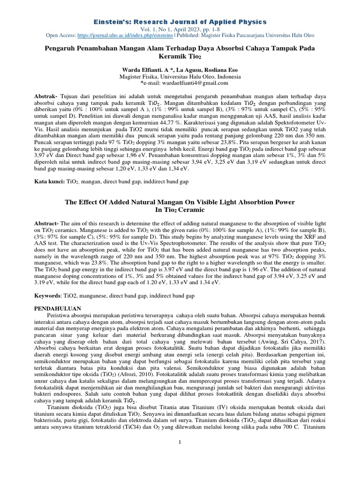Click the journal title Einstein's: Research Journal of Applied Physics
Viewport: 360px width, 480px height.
(180, 22)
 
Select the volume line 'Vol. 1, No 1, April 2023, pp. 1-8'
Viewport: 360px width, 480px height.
(180, 29)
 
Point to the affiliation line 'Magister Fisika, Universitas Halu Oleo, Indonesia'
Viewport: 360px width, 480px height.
(180, 76)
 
